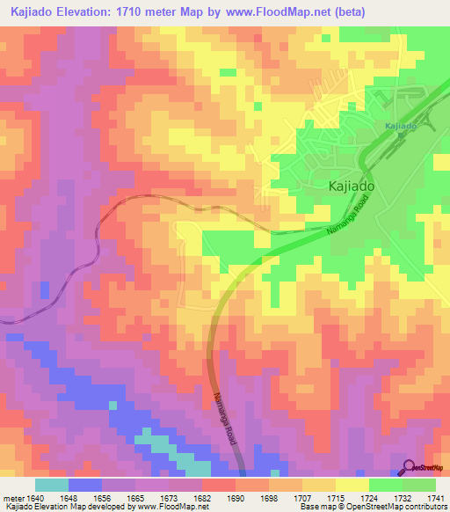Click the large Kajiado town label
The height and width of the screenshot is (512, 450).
pyautogui.click(x=352, y=187)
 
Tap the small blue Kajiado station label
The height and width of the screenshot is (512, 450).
pyautogui.click(x=400, y=127)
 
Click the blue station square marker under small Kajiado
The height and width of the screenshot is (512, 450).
pyautogui.click(x=400, y=137)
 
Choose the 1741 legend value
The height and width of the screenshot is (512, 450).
pyautogui.click(x=435, y=497)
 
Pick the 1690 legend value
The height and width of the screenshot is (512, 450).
pyautogui.click(x=236, y=497)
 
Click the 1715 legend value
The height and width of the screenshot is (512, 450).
pyautogui.click(x=336, y=497)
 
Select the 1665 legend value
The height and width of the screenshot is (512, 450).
pyautogui.click(x=135, y=497)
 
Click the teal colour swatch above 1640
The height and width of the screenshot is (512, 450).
pyautogui.click(x=52, y=485)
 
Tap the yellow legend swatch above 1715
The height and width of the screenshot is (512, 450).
pyautogui.click(x=352, y=485)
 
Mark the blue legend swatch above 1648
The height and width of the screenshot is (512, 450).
pyautogui.click(x=85, y=485)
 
